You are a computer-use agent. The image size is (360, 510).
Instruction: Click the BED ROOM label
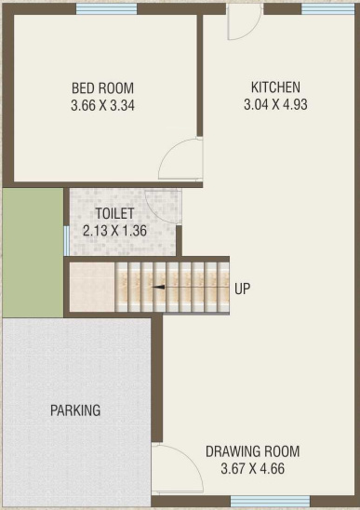point(102,88)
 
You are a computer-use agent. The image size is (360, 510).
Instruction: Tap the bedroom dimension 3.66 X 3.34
point(102,106)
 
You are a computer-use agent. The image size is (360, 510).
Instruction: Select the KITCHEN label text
point(275,87)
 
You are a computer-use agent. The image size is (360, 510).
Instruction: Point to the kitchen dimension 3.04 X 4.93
point(275,105)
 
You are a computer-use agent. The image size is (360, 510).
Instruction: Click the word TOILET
point(114,214)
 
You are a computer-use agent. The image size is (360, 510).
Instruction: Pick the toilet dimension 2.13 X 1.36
point(114,231)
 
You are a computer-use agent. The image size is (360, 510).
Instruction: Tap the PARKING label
point(75,410)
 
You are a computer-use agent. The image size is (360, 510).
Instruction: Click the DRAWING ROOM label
point(253,451)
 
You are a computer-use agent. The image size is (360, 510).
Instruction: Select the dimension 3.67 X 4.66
point(253,469)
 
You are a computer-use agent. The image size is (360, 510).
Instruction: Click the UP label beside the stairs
point(242,289)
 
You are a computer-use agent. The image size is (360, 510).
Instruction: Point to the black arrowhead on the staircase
point(158,288)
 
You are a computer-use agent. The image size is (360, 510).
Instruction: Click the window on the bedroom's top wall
point(107,9)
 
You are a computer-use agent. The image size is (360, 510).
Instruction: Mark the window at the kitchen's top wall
point(327,9)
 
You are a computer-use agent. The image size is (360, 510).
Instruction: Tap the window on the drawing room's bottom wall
point(271,502)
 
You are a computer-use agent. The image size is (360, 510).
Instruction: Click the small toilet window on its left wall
point(66,241)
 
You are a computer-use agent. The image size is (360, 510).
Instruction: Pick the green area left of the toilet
point(33,253)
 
